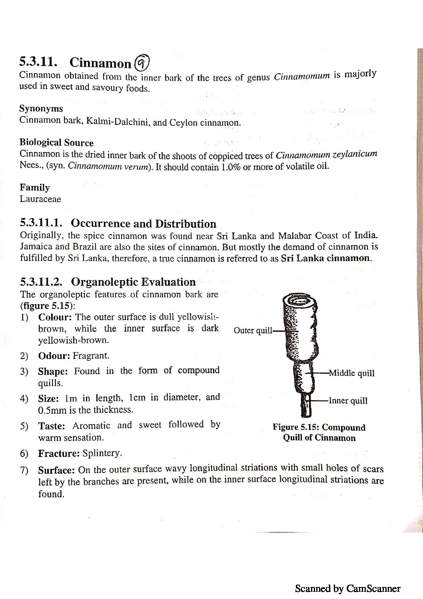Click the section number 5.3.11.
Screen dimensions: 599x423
[38, 62]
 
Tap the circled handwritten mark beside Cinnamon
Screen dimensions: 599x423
[142, 62]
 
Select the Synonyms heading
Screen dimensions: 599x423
[41, 109]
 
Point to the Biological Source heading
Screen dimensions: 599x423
[56, 143]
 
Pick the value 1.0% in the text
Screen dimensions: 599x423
[230, 167]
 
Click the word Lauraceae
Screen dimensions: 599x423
[40, 199]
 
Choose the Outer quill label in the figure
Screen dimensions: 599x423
[253, 331]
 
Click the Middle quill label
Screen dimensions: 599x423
[351, 373]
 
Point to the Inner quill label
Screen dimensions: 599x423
[348, 401]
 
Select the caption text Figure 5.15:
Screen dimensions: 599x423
[296, 427]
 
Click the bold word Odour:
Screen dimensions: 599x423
[54, 356]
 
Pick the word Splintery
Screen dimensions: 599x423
[102, 453]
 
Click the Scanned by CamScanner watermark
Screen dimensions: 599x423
[347, 588]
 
